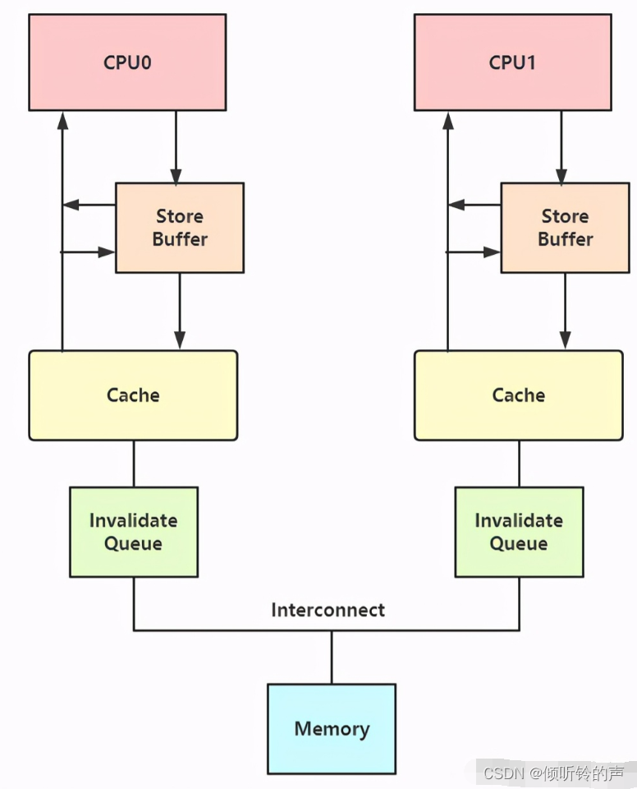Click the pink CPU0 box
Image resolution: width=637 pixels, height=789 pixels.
tap(127, 62)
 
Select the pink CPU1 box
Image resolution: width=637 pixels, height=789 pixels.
tap(512, 62)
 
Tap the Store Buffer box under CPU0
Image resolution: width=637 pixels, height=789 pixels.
tap(180, 228)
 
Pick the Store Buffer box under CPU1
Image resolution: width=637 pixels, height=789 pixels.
tap(565, 228)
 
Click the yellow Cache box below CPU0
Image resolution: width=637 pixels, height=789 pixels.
tap(133, 395)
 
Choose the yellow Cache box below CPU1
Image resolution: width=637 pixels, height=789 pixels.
tap(518, 395)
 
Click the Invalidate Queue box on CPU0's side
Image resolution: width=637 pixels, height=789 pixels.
tap(133, 532)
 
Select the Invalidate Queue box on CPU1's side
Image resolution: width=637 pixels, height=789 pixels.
tap(519, 532)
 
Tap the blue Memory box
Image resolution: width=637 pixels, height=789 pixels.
tap(332, 729)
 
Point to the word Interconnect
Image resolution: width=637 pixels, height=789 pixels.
tap(328, 610)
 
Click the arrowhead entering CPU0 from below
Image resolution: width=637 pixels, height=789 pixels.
tap(62, 121)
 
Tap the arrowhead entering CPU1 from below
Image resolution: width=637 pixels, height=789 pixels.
tap(448, 121)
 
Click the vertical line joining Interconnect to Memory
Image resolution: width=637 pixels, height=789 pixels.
tap(332, 657)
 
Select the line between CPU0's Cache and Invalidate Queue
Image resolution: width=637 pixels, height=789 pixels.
tap(134, 464)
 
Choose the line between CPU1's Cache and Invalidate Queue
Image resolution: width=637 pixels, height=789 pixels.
tap(519, 464)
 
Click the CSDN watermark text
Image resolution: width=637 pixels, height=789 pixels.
tap(553, 773)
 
